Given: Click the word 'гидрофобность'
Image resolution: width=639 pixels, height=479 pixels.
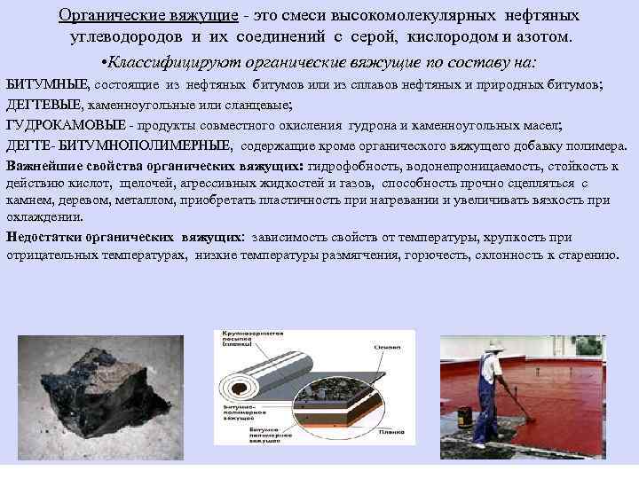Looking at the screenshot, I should (351, 166).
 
